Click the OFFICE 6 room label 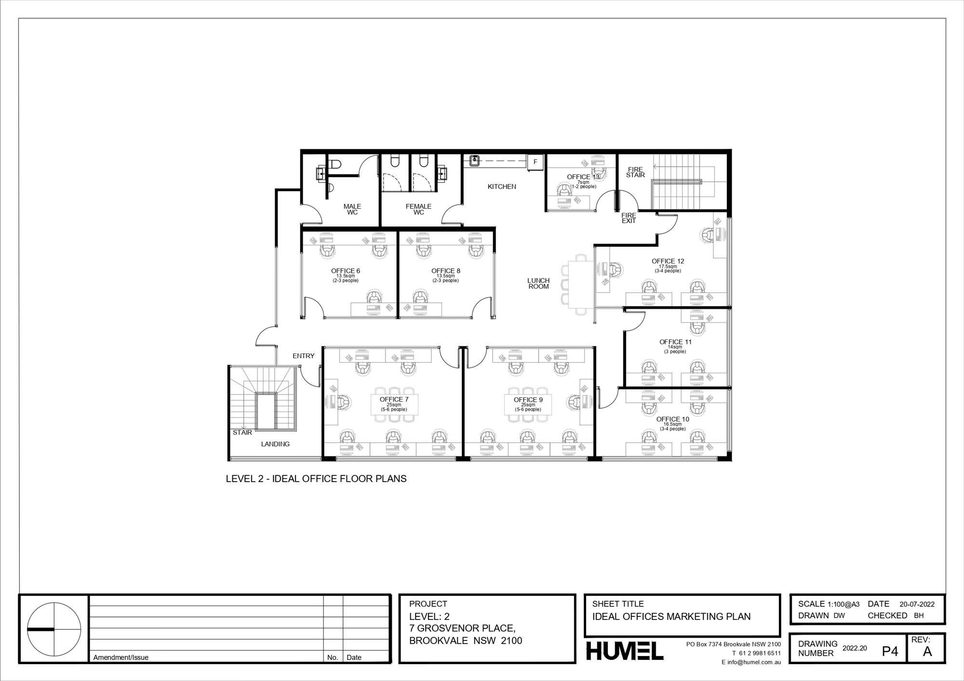coord(346,271)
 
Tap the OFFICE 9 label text coord(528,400)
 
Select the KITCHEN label coord(502,186)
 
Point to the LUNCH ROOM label coord(538,283)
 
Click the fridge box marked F coord(535,162)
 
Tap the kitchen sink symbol coord(474,160)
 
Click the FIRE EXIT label coord(629,218)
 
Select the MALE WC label coord(352,209)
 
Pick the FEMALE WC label coord(418,209)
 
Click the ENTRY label coord(304,356)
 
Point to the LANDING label coord(275,444)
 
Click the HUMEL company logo coord(625,651)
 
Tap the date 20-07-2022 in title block coord(917,604)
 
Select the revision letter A coord(927,652)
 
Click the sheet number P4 coord(890,652)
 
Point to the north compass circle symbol coord(54,629)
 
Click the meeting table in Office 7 coord(394,405)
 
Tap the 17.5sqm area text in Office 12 coord(668,266)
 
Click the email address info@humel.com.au coord(751,662)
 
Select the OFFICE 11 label coord(675,342)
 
